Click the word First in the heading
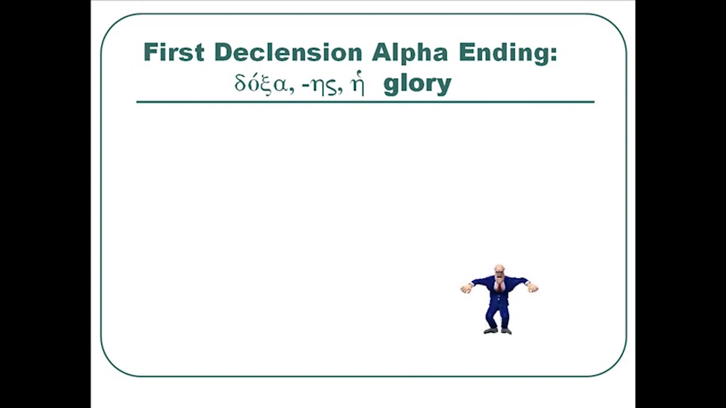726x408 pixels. click(x=173, y=52)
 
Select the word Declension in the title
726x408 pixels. click(x=288, y=52)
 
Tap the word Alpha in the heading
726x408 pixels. click(x=410, y=52)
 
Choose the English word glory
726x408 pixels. click(x=417, y=84)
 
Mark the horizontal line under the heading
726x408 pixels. click(x=365, y=102)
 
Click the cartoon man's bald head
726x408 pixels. click(x=499, y=268)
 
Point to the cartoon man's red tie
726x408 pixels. click(x=500, y=286)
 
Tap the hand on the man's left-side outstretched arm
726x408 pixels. click(x=466, y=289)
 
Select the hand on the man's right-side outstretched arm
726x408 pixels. click(x=533, y=288)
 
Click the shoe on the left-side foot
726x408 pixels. click(x=491, y=330)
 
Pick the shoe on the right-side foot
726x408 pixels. click(x=506, y=330)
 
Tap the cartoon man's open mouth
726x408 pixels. click(x=499, y=277)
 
